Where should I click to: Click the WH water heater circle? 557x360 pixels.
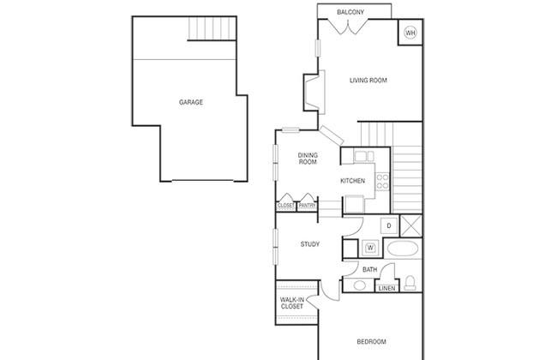(x=410, y=33)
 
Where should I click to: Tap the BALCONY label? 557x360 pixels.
(x=350, y=12)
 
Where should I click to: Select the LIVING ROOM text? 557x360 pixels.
(x=368, y=81)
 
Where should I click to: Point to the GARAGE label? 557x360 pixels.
(x=191, y=102)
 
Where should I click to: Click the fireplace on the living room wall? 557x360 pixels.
(x=314, y=93)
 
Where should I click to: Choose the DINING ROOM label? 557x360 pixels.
(x=308, y=159)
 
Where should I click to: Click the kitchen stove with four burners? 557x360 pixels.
(x=382, y=181)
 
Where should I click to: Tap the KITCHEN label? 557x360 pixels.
(x=352, y=181)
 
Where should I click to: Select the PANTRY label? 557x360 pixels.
(x=307, y=206)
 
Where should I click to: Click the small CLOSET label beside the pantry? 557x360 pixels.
(x=286, y=206)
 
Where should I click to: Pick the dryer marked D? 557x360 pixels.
(x=389, y=225)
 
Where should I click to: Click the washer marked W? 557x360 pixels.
(x=370, y=248)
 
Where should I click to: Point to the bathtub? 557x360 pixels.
(x=403, y=249)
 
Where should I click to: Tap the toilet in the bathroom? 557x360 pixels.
(x=410, y=283)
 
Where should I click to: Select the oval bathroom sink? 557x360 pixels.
(x=360, y=285)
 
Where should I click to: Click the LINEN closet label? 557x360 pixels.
(x=386, y=288)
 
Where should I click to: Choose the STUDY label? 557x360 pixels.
(x=309, y=244)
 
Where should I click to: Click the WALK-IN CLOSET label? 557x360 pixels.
(x=292, y=303)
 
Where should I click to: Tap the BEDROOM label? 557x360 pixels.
(x=371, y=342)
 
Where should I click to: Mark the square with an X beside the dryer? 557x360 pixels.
(x=411, y=225)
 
